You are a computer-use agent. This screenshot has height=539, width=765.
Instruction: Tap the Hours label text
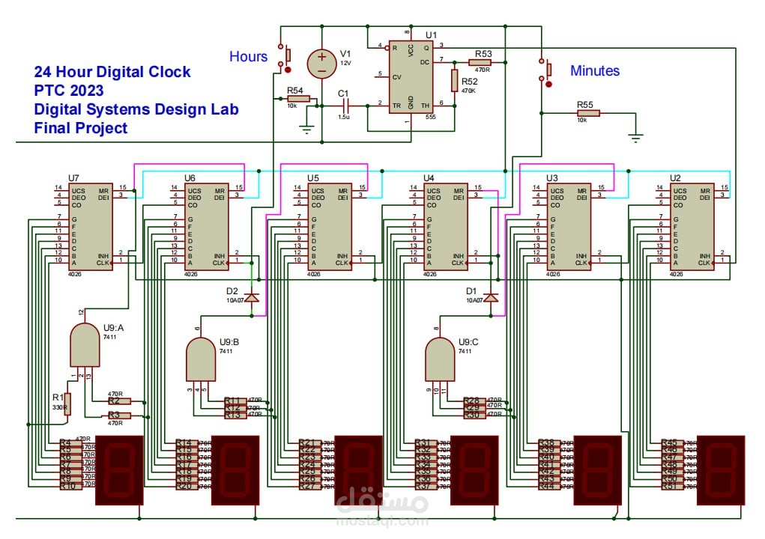click(x=248, y=56)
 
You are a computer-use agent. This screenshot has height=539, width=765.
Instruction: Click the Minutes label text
click(x=595, y=71)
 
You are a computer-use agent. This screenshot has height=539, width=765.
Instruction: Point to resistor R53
click(x=480, y=63)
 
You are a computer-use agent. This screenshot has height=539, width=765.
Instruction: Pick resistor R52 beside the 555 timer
click(x=454, y=79)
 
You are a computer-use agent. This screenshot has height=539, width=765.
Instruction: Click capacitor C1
click(x=344, y=106)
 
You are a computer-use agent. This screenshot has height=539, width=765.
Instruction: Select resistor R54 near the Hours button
click(x=298, y=99)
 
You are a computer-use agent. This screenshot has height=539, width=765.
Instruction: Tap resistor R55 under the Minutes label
click(x=587, y=114)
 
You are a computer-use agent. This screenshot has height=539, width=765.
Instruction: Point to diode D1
click(x=492, y=298)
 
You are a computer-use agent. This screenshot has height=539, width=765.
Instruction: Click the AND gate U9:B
click(x=200, y=359)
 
